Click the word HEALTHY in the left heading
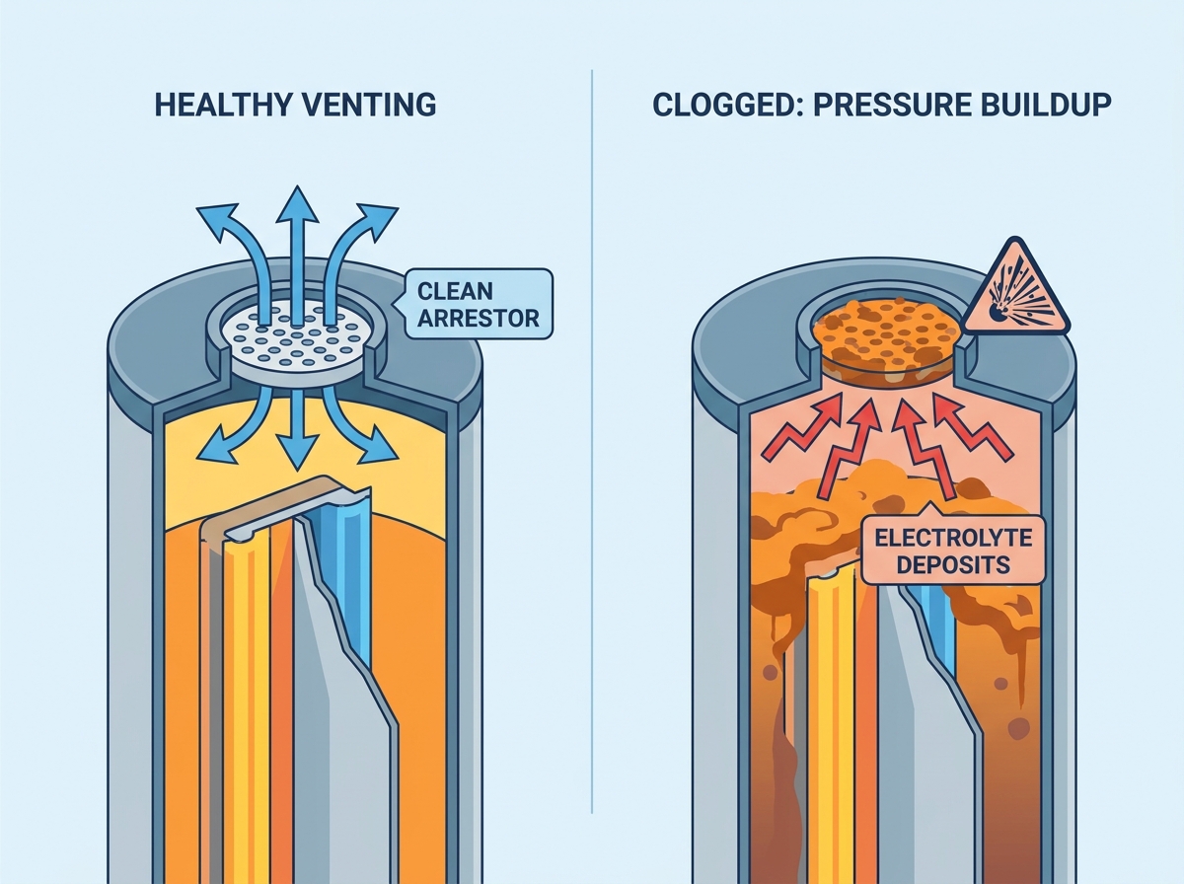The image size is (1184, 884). [222, 105]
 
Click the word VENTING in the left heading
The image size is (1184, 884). [368, 105]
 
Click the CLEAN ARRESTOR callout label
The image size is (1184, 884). [478, 304]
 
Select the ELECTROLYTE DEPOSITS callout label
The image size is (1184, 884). [953, 551]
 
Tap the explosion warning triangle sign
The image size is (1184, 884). [1016, 291]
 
